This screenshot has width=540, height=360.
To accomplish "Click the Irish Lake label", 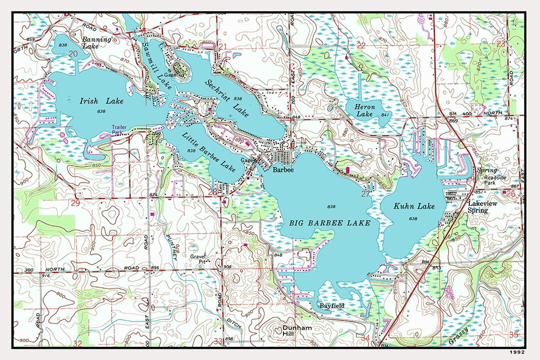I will [101, 101].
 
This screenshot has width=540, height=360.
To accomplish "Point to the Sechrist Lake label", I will [226, 97].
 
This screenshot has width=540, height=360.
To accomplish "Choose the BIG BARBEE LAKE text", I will [330, 223].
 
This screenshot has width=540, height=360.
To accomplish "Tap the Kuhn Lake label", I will [414, 206].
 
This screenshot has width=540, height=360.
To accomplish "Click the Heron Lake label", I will [364, 110].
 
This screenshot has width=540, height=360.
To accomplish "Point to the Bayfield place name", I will [331, 305].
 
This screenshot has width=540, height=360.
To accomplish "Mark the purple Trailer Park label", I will [120, 130].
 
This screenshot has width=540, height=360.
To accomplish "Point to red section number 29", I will [75, 203].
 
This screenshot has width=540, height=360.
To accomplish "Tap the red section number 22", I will [361, 45].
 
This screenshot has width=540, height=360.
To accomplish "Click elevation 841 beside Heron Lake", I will [385, 115].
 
